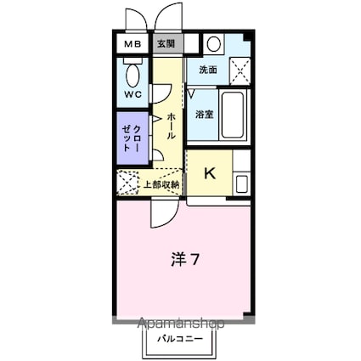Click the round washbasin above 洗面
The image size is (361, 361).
click(212, 45)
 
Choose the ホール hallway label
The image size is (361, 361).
click(172, 125)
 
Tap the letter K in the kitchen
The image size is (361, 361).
click(209, 175)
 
